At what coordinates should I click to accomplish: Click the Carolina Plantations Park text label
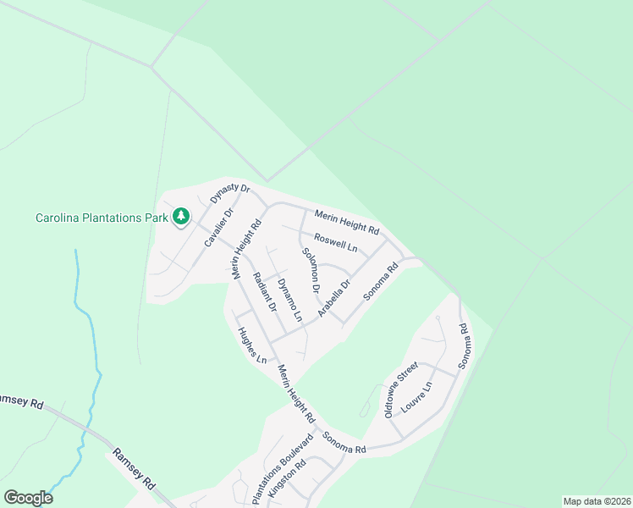tap(102, 218)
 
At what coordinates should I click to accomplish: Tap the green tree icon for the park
tap(180, 218)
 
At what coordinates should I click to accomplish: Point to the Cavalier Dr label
tap(218, 227)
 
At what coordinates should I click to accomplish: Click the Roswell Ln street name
tap(336, 242)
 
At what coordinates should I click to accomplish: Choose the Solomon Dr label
tap(310, 270)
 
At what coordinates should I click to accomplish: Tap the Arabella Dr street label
tap(334, 300)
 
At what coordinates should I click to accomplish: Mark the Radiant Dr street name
tap(265, 291)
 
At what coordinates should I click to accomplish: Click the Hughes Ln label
tap(252, 346)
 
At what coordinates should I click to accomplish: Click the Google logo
tap(28, 498)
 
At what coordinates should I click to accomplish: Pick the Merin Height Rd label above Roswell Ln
tap(346, 223)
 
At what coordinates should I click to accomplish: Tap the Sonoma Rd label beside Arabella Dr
tap(381, 282)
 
